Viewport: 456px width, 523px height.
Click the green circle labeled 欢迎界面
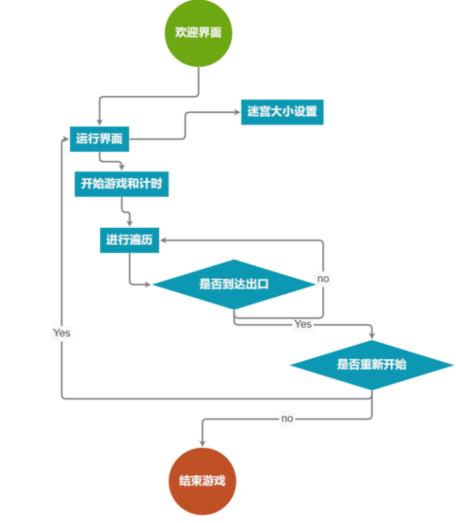click(x=199, y=33)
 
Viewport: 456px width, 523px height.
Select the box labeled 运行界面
click(x=99, y=139)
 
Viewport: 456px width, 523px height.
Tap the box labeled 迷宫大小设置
click(x=282, y=112)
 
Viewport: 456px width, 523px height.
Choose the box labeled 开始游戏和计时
click(x=122, y=184)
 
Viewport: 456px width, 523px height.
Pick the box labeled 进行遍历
click(x=129, y=240)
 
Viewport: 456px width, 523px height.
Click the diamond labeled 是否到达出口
click(x=234, y=285)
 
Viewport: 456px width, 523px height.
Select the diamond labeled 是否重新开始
click(x=372, y=365)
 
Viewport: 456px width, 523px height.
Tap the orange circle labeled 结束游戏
click(x=202, y=481)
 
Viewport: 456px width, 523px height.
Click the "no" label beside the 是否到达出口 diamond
click(x=323, y=279)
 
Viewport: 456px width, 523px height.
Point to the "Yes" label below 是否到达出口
click(x=303, y=324)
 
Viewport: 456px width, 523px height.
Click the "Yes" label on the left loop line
click(x=61, y=333)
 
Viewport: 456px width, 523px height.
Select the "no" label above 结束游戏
click(x=288, y=418)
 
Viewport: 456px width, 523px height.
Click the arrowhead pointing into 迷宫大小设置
click(x=238, y=112)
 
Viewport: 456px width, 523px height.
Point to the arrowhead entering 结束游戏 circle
click(x=202, y=443)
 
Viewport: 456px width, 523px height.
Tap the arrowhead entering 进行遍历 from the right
click(x=163, y=240)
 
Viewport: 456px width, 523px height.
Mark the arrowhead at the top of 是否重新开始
click(x=372, y=336)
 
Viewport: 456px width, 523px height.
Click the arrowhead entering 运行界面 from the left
click(x=66, y=139)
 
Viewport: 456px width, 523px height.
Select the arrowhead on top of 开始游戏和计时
click(x=122, y=168)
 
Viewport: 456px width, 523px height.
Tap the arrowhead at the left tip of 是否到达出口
click(x=148, y=285)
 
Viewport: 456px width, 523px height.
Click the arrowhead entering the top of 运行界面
click(x=99, y=122)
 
